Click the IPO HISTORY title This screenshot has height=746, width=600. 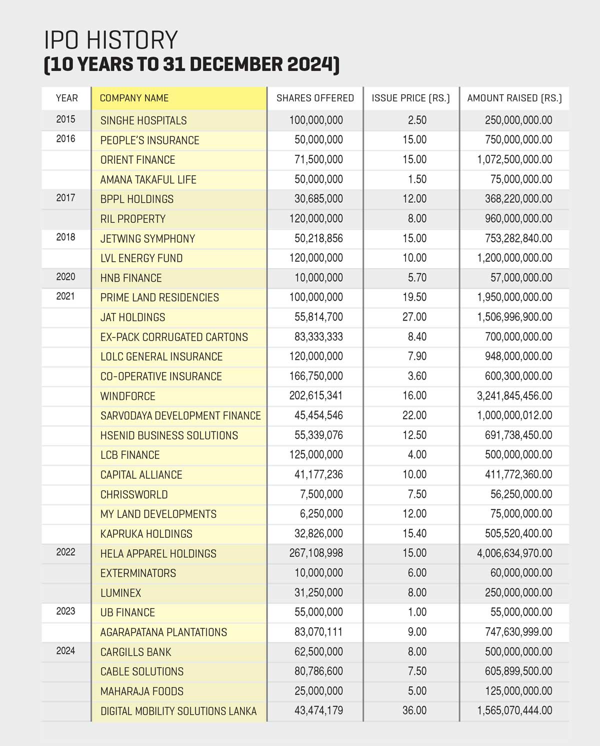coord(111,40)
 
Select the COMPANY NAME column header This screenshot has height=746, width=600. coord(134,98)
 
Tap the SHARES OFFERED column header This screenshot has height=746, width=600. coord(315,98)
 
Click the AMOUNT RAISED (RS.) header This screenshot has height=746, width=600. coord(514,98)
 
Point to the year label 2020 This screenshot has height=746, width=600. coord(65,277)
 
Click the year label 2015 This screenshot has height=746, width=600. coord(65,119)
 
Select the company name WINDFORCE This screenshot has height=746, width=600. coord(127,396)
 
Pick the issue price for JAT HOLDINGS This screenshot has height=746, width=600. coord(414,317)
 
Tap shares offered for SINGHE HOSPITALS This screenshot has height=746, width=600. coord(316,120)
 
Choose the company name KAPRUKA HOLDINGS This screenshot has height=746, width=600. coord(146,534)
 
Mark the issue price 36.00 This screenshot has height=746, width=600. coord(414,711)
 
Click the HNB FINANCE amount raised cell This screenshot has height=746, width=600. coord(521,278)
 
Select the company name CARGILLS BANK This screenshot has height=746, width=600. coord(135,652)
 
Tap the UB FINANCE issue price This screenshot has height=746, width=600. coord(417,612)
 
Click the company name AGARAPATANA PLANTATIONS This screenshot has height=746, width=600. coord(163,632)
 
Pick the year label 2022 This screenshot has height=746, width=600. coord(65,552)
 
